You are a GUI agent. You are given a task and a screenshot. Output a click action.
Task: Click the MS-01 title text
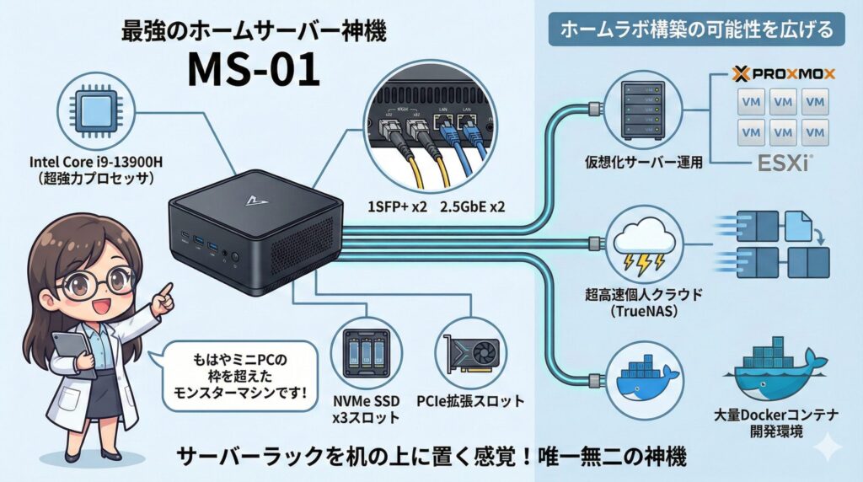pyautogui.click(x=253, y=71)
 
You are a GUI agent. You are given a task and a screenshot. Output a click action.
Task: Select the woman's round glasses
pyautogui.click(x=89, y=280)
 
